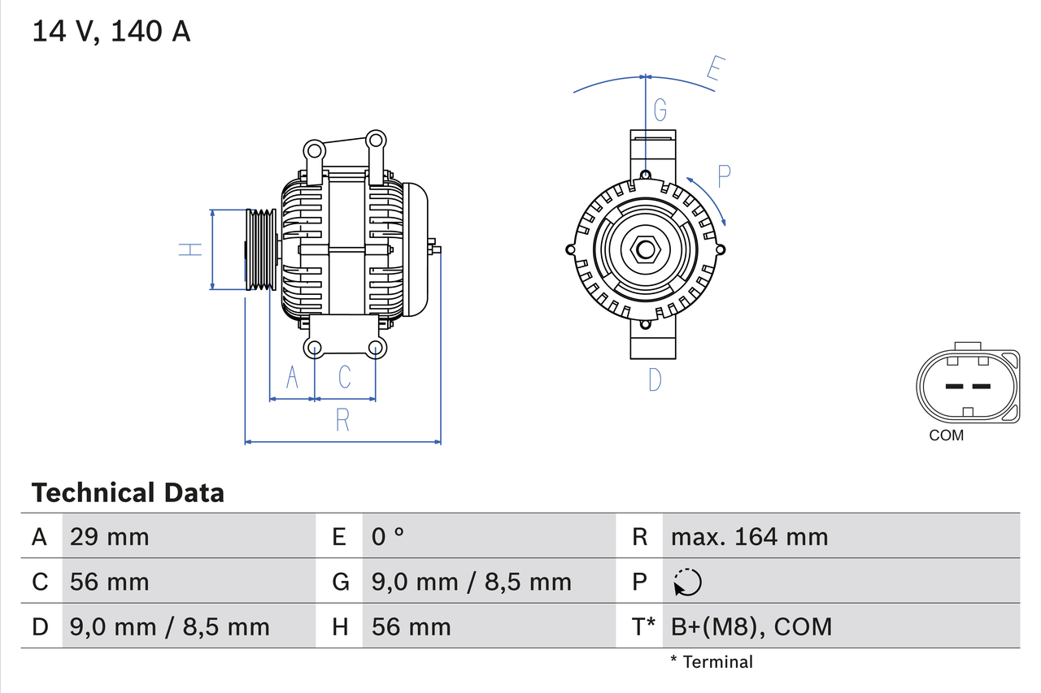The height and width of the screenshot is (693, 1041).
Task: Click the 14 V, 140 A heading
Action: pos(111,32)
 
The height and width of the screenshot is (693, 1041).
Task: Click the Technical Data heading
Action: pos(128,492)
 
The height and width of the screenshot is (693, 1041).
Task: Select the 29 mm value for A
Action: pos(110,536)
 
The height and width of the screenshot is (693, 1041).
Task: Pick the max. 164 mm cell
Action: pos(749,536)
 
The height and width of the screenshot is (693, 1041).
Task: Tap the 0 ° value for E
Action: pos(388,536)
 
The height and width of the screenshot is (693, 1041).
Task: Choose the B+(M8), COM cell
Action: pos(751,626)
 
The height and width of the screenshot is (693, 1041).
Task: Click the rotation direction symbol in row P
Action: pos(687,582)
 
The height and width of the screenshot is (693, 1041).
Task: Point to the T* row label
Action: pos(643,626)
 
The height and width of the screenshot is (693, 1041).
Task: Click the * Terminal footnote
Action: pos(712,662)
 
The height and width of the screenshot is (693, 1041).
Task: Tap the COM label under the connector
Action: pos(946,435)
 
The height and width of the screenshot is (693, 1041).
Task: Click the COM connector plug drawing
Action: pos(967,385)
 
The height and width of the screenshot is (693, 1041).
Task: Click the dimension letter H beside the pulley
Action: pos(190,249)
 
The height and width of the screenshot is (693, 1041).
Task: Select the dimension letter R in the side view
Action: pos(342,420)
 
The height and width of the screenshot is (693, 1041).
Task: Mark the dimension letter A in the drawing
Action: pos(292,377)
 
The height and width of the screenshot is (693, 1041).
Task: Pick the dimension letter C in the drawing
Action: pos(345,377)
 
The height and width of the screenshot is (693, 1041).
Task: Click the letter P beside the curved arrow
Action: pos(724,175)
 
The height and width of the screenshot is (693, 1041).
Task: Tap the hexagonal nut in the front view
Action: pos(645,249)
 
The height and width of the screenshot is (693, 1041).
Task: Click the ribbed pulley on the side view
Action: pos(260,249)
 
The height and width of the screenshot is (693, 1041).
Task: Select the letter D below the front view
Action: pos(655,379)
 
